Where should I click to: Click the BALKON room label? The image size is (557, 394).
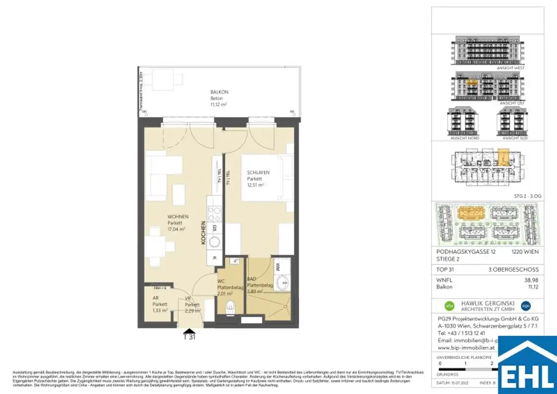coord(219,92)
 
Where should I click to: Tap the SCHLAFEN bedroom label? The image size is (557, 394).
coord(258,173)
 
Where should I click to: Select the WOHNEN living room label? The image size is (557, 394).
coord(178,217)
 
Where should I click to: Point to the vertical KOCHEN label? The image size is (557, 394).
coord(203,233)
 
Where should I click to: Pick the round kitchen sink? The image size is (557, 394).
coord(215,242)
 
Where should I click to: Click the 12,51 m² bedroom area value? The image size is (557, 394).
coord(256,185)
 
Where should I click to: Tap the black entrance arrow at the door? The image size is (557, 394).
coord(189,330)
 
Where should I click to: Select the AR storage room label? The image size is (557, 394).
coord(156,298)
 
